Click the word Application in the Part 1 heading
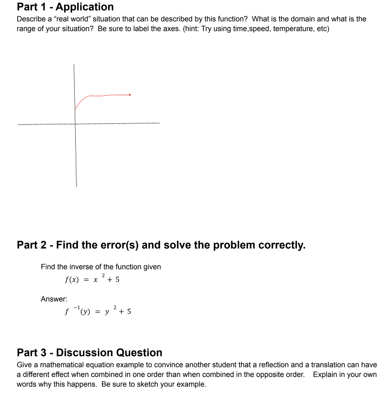click(x=85, y=7)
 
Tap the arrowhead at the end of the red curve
click(x=130, y=95)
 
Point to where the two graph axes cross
click(x=75, y=123)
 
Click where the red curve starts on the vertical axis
click(x=75, y=109)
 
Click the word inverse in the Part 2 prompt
click(x=82, y=267)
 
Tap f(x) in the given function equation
click(x=72, y=280)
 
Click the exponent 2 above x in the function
click(x=103, y=275)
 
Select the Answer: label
click(x=54, y=299)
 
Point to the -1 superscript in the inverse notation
click(x=77, y=307)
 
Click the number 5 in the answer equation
click(x=129, y=311)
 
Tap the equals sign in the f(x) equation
click(x=87, y=280)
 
